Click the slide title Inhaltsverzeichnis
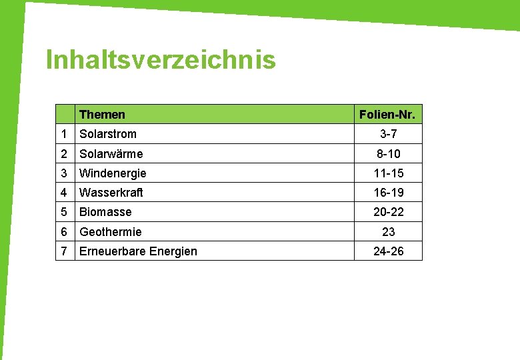point(161,60)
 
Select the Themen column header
point(102,115)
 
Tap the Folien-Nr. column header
point(387,115)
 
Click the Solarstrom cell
point(108,134)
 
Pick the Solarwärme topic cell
point(111,154)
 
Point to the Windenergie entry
point(113,173)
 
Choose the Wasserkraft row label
point(111,193)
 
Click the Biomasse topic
point(105,212)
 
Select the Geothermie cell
point(111,232)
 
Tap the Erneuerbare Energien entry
point(138,251)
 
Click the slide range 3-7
point(388,134)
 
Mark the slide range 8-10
point(388,154)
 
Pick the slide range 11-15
point(388,173)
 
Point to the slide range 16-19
point(388,193)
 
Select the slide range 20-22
point(388,212)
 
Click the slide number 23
point(388,232)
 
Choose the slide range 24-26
point(388,251)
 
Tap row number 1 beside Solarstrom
point(64,134)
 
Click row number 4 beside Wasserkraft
point(64,193)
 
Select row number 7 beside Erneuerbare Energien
point(64,251)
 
